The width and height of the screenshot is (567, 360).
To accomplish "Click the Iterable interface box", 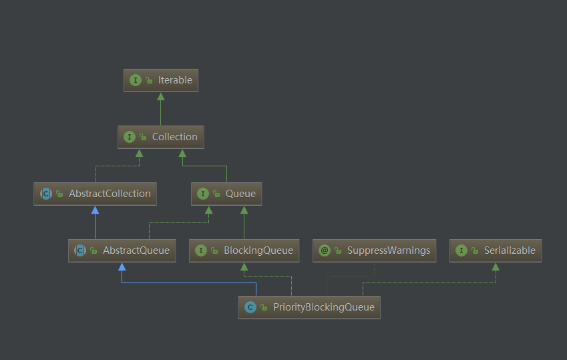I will pyautogui.click(x=161, y=80).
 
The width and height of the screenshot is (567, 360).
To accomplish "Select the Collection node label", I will pyautogui.click(x=175, y=137).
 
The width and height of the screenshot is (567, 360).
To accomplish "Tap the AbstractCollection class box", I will pyautogui.click(x=96, y=194).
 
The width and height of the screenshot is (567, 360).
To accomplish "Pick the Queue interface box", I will pyautogui.click(x=226, y=194).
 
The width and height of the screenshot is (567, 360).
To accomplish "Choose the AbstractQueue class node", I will pyautogui.click(x=122, y=250).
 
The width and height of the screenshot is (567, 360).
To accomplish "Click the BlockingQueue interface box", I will pyautogui.click(x=244, y=250).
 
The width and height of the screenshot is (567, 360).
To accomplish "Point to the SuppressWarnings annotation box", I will pyautogui.click(x=375, y=250).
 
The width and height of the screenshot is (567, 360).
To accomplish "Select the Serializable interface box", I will pyautogui.click(x=496, y=250).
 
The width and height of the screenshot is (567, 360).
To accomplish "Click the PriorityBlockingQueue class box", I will pyautogui.click(x=309, y=307).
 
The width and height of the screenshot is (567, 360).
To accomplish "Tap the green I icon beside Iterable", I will pyautogui.click(x=136, y=80).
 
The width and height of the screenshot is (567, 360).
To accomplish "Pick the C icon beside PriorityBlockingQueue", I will pyautogui.click(x=250, y=307).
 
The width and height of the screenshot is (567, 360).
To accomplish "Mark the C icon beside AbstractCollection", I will pyautogui.click(x=46, y=194).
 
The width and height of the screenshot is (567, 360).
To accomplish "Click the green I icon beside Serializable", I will pyautogui.click(x=461, y=250).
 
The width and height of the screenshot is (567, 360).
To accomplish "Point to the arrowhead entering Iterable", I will pyautogui.click(x=161, y=96).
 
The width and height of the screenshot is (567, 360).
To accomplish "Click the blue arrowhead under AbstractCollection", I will pyautogui.click(x=95, y=210).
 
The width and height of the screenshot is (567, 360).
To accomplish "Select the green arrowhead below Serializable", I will pyautogui.click(x=496, y=266).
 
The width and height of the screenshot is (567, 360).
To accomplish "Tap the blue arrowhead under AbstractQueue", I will pyautogui.click(x=122, y=266).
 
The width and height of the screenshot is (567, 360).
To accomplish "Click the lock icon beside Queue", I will pyautogui.click(x=216, y=194).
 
